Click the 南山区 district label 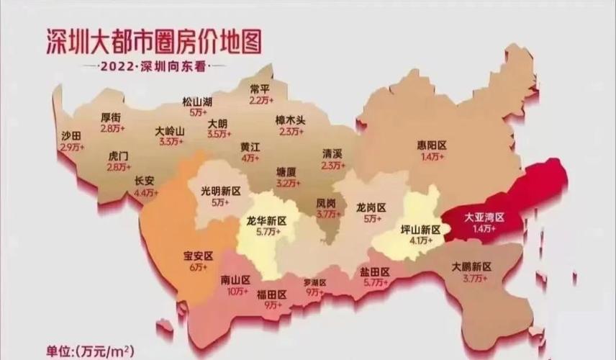pyautogui.click(x=235, y=280)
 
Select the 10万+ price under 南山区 pyautogui.click(x=235, y=291)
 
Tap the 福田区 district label pyautogui.click(x=271, y=294)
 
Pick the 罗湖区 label pyautogui.click(x=314, y=282)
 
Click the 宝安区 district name pyautogui.click(x=199, y=256)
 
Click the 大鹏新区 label pyautogui.click(x=471, y=266)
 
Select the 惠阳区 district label pyautogui.click(x=432, y=145)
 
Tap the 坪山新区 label pyautogui.click(x=420, y=229)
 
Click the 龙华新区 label pyautogui.click(x=266, y=220)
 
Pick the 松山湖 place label pyautogui.click(x=197, y=102)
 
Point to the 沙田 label pyautogui.click(x=71, y=135)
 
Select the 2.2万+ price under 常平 pyautogui.click(x=259, y=100)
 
